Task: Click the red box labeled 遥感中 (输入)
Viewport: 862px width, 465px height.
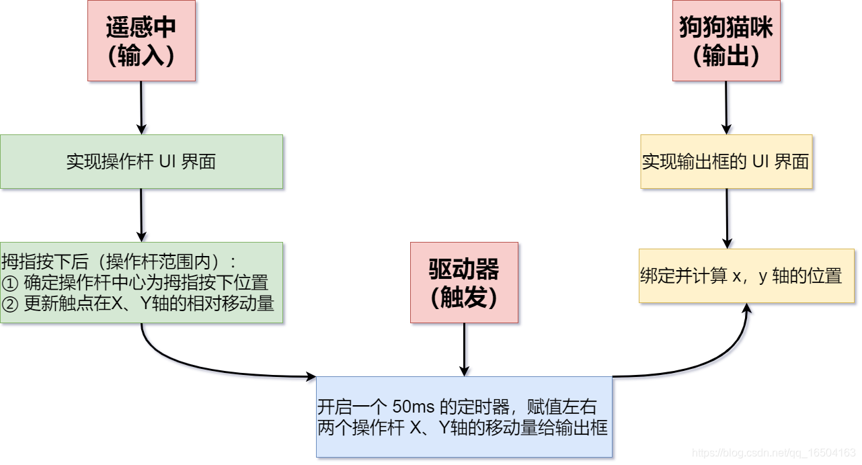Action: (141, 40)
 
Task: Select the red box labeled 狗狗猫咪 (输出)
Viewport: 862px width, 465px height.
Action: (726, 40)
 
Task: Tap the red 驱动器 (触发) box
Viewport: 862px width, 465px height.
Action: (464, 282)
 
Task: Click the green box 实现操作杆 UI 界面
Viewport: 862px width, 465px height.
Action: (141, 161)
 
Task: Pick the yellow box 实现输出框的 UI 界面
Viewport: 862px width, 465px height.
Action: (726, 161)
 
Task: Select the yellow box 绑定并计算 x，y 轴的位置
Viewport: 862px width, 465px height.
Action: (746, 276)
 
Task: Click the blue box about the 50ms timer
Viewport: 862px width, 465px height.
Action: (464, 417)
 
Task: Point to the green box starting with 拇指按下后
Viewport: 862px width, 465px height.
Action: (141, 282)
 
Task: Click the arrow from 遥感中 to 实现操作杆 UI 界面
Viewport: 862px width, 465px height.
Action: (141, 108)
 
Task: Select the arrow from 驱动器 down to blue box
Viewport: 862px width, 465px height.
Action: (464, 349)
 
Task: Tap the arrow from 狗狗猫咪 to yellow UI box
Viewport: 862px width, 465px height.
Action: (726, 108)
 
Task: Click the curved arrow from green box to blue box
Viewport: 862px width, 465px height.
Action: (202, 366)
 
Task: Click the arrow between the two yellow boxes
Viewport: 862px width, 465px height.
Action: (727, 218)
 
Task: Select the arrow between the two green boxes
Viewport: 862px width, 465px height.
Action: (141, 215)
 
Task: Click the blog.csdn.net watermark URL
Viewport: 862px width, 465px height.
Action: (773, 454)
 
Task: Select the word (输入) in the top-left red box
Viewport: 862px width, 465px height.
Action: (141, 56)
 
